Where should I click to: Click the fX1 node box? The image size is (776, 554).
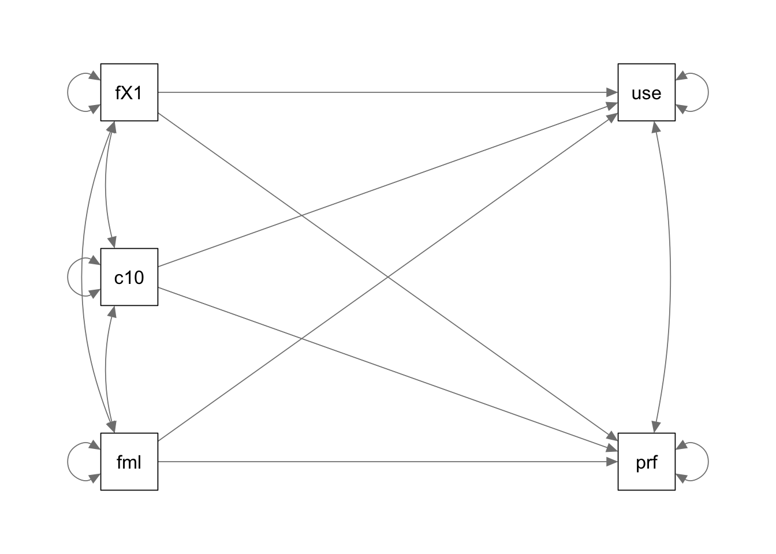click(129, 92)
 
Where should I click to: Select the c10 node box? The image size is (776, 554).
click(129, 277)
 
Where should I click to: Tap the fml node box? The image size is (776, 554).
click(129, 462)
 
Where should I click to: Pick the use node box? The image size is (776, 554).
click(647, 92)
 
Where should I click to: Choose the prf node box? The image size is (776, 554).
click(647, 462)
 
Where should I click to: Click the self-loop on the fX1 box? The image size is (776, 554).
click(68, 92)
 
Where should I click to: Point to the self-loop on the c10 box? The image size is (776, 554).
click(68, 277)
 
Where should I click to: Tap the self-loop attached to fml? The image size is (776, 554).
click(68, 462)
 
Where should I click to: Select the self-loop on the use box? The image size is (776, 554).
click(708, 92)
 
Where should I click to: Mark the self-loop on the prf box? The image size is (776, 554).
click(708, 462)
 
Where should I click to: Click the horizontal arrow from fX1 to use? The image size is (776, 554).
click(388, 92)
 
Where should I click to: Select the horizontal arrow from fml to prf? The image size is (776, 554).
click(388, 462)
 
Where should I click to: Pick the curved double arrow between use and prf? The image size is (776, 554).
click(670, 277)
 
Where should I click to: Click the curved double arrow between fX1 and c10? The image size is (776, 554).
click(106, 185)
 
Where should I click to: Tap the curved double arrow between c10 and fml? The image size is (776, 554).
click(106, 369)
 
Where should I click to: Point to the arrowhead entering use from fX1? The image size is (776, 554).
click(612, 92)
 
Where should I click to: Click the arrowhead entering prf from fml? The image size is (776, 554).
click(612, 462)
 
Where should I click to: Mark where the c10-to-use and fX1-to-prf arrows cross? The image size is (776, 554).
click(301, 215)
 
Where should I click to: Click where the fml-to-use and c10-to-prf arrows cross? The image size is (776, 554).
click(301, 339)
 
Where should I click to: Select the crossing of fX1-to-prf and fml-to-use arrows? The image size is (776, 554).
click(388, 277)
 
